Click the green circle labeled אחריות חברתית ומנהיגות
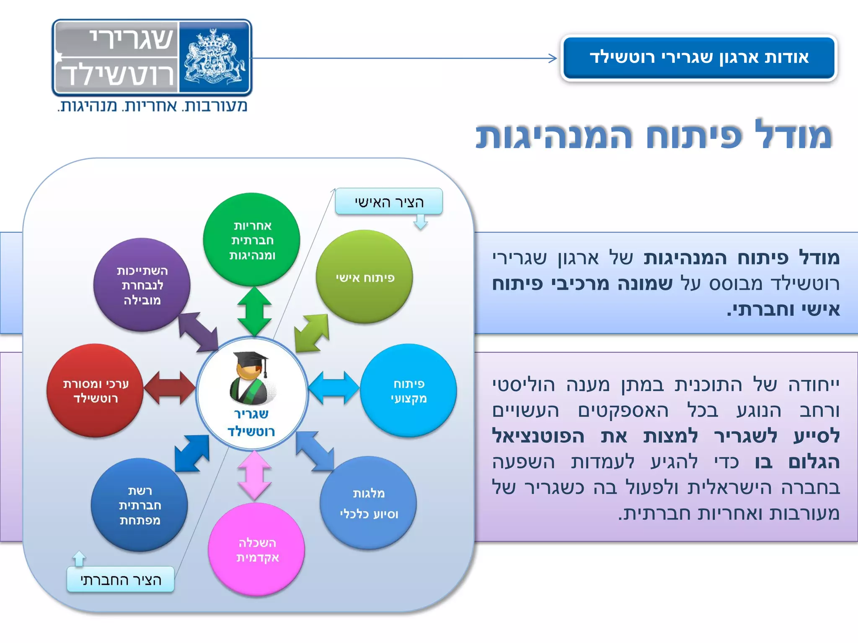click(x=251, y=239)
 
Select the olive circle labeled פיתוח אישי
click(x=364, y=277)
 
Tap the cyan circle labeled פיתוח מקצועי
click(x=408, y=391)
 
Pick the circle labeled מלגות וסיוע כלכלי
click(x=368, y=503)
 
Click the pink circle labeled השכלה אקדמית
click(x=256, y=549)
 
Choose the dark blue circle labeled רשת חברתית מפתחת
click(x=139, y=505)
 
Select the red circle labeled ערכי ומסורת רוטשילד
click(x=95, y=391)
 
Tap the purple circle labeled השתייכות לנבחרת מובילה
click(x=142, y=285)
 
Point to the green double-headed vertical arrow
click(x=254, y=312)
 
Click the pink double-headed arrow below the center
click(x=254, y=476)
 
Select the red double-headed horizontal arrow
click(x=169, y=388)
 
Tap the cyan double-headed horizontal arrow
click(x=334, y=388)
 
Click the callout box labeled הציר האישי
click(x=389, y=202)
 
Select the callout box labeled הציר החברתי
click(x=121, y=579)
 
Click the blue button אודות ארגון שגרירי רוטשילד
click(x=698, y=57)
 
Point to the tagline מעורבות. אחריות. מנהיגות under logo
click(x=152, y=106)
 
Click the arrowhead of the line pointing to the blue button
click(x=553, y=58)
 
